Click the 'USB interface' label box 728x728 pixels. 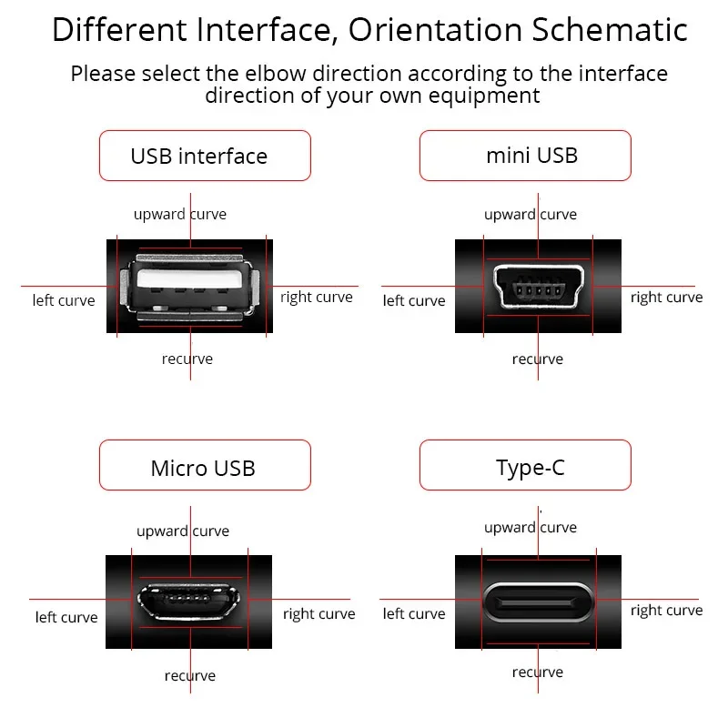pos(204,156)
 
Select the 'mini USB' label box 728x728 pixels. pos(525,155)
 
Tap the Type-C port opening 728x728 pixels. pos(537,601)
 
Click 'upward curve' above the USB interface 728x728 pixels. pos(180,215)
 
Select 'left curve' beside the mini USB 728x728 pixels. pos(414,301)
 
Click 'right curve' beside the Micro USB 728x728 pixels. pos(318,614)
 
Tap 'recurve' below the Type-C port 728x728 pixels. pos(538,672)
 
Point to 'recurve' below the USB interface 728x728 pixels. pos(187,359)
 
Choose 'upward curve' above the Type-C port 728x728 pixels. pos(531,528)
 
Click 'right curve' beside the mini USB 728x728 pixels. pos(666,298)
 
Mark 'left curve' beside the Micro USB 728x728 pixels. pos(66,618)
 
